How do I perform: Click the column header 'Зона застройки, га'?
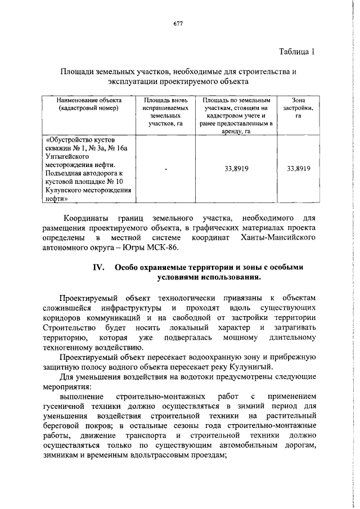pos(299,107)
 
